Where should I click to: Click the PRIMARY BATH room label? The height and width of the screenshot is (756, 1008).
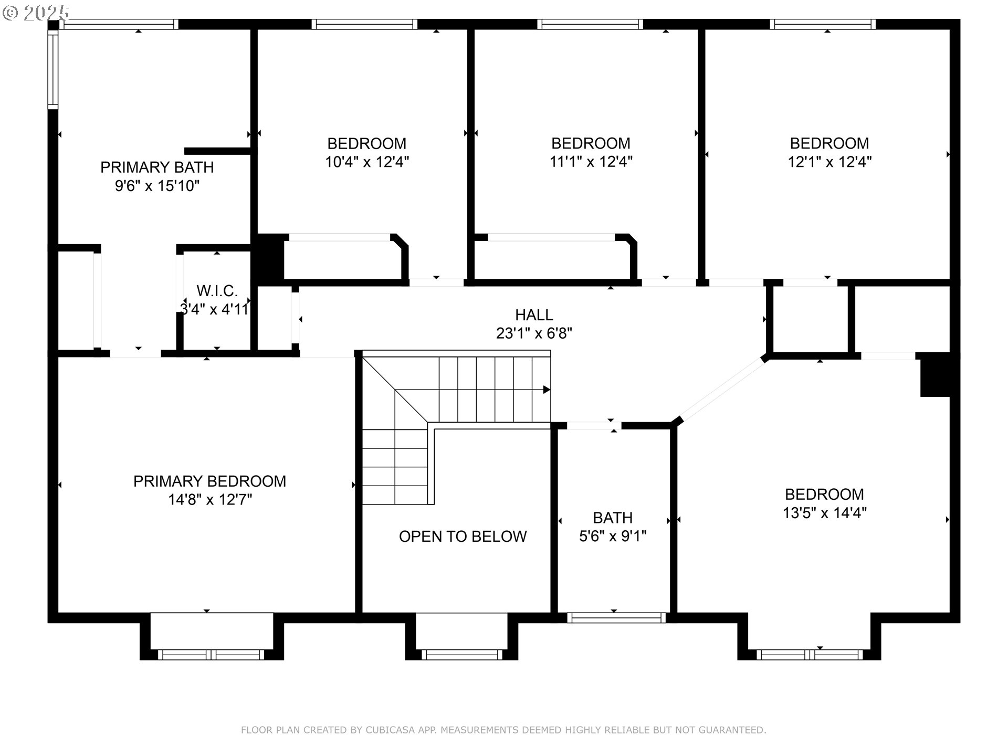coord(157,167)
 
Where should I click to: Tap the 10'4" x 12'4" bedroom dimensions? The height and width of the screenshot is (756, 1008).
coord(367,162)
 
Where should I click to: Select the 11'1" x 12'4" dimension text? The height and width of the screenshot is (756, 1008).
coord(591,162)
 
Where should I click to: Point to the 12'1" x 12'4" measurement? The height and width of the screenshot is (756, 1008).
coord(829,162)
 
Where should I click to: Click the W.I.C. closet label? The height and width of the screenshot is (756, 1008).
coord(217,291)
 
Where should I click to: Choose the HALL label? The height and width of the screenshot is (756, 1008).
coord(534,315)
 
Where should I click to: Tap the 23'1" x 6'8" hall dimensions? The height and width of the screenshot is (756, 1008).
coord(534,333)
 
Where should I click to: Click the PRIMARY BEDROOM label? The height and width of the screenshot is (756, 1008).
coord(209,481)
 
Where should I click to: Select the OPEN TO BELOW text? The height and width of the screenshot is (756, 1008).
coord(463,537)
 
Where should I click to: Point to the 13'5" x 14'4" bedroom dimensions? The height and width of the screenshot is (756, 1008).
coord(824,512)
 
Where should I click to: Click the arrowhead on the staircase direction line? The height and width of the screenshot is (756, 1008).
coord(547,390)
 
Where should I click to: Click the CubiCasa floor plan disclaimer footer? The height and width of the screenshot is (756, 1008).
coord(503,730)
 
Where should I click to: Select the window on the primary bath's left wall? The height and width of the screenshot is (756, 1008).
coord(52,69)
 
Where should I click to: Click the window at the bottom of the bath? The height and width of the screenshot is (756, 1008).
coord(616,618)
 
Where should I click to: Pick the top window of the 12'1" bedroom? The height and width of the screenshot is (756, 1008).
coord(823,24)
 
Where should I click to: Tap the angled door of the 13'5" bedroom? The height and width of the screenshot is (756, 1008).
coord(722,389)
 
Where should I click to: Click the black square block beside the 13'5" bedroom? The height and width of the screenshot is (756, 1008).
coord(936,374)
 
